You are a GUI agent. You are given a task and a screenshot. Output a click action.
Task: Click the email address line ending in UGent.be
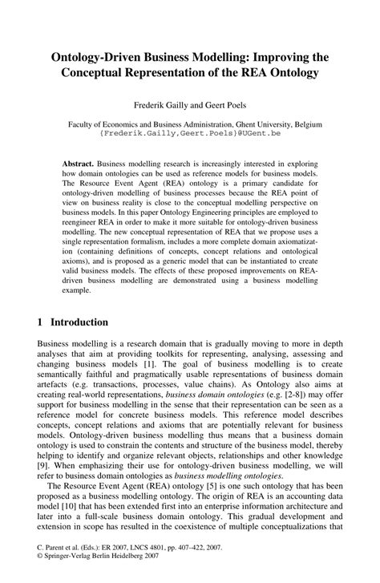pos(190,136)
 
